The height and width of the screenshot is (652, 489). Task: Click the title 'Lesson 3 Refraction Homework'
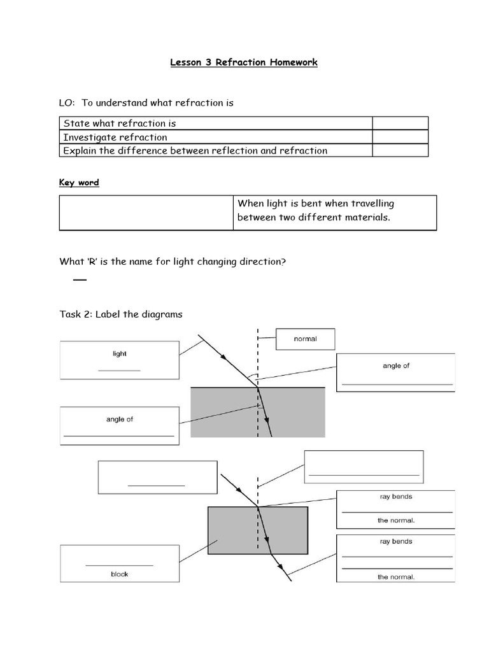(x=244, y=62)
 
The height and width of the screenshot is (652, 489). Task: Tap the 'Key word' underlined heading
(x=79, y=183)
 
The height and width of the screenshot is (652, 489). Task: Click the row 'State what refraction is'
(x=120, y=123)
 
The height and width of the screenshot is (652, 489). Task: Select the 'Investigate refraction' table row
(x=115, y=137)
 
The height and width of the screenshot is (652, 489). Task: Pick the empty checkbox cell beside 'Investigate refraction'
(x=400, y=137)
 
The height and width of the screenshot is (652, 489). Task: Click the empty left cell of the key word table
(x=146, y=213)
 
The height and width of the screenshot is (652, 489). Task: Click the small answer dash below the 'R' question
(x=79, y=280)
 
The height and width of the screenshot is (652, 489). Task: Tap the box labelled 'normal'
(x=305, y=339)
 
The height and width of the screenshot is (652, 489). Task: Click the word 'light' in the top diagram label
(x=119, y=354)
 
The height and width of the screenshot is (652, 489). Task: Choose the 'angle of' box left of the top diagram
(x=119, y=426)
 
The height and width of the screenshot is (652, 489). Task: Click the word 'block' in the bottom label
(x=119, y=574)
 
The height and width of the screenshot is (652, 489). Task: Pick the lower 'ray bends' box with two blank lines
(x=395, y=558)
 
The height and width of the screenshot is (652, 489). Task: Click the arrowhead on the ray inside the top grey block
(x=267, y=421)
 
